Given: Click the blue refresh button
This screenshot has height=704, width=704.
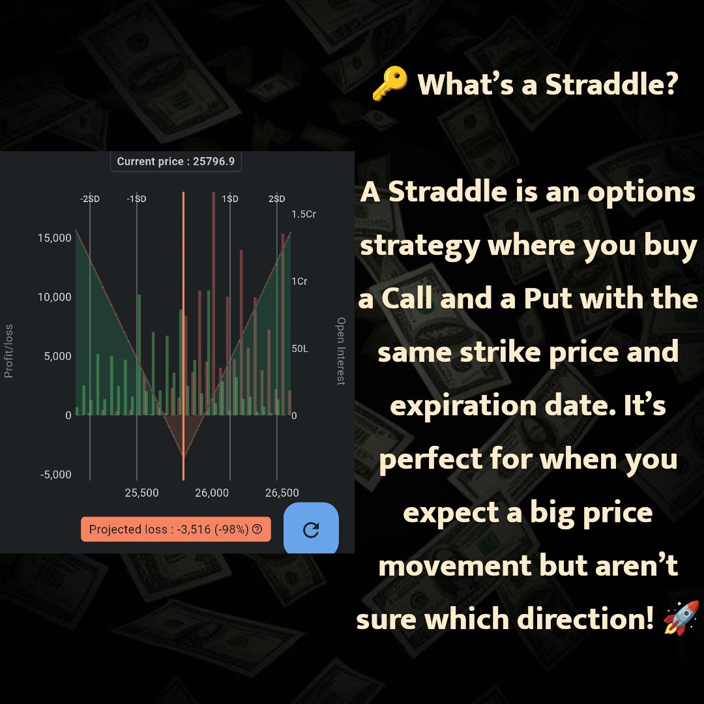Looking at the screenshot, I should [311, 529].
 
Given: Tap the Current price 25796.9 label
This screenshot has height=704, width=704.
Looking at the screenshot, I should [176, 162].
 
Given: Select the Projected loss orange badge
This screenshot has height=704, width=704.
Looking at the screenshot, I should [175, 529].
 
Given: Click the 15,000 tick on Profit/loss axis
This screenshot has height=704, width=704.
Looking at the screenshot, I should [55, 238].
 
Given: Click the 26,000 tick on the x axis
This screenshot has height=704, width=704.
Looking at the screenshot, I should [212, 493].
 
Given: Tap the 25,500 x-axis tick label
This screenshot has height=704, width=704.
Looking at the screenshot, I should [141, 493].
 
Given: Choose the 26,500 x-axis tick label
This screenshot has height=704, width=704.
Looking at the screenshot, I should [282, 493].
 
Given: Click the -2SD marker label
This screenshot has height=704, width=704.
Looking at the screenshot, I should [90, 199].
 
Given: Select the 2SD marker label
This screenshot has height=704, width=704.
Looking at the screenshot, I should [277, 199].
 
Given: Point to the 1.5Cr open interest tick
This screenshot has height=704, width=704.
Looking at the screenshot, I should [304, 214].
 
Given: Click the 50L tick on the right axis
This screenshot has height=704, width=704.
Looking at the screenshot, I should [300, 349].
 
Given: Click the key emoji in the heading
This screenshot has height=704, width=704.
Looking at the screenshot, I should [389, 86].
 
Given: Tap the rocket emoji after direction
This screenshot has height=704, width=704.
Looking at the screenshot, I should [681, 618].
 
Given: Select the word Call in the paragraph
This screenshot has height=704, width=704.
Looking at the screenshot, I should [406, 299].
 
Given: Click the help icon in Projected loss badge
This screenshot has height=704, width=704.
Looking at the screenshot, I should [257, 529].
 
